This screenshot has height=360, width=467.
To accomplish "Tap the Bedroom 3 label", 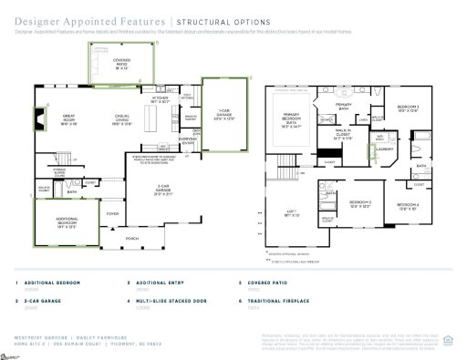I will [x=407, y=108].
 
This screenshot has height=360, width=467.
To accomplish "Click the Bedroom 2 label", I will [x=361, y=203].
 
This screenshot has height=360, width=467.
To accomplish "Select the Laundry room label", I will [x=384, y=148].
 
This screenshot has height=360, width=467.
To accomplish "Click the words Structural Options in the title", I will [x=223, y=20].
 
